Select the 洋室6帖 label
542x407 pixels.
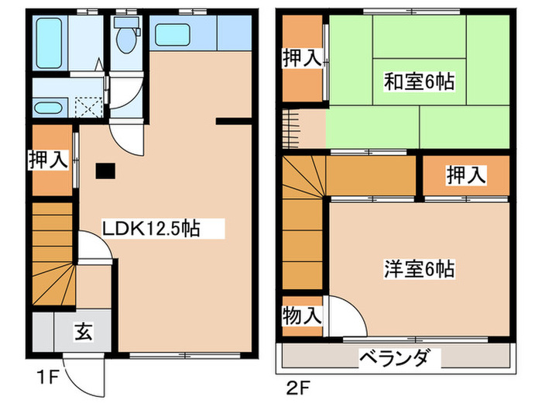[419, 269]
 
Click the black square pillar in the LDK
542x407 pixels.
[105, 171]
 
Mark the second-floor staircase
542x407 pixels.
[302, 225]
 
